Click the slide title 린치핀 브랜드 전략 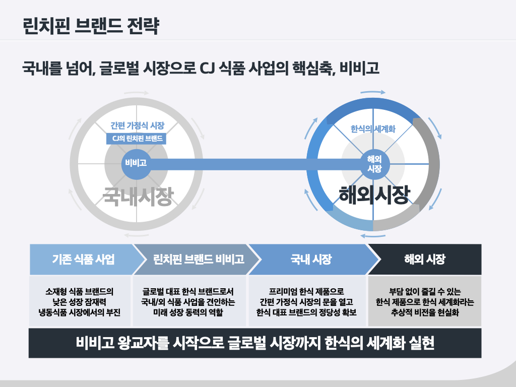91,25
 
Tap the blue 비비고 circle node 136,163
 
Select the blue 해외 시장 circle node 374,164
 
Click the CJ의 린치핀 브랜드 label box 136,138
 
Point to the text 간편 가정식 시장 137,126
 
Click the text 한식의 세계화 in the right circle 373,129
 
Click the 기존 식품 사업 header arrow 83,260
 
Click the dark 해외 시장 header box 425,260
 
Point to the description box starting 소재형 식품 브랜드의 80,301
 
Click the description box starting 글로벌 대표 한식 188,301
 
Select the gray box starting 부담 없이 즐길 425,301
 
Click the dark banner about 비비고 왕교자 255,343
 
